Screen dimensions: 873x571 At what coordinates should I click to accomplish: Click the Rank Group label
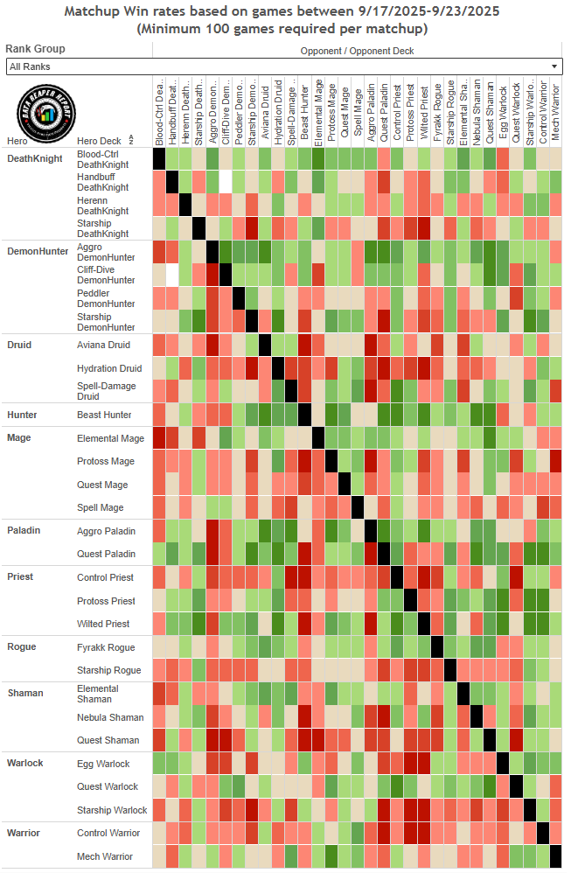coord(35,49)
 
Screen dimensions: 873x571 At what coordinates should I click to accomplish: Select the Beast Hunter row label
coord(103,415)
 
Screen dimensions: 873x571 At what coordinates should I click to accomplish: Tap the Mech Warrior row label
coord(105,856)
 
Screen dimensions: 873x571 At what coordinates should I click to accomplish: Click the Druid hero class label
coord(19,345)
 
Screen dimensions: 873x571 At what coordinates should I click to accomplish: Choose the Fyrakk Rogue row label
coord(106,647)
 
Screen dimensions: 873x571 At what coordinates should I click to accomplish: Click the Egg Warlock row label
coord(103,764)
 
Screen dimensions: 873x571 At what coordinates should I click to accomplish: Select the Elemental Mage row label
coord(110,438)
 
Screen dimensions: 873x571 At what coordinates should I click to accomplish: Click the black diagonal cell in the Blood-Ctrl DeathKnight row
coord(159,158)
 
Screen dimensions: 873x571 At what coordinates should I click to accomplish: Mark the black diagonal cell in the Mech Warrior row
coord(556,856)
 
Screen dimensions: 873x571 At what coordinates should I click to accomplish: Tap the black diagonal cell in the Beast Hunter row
coord(304,415)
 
